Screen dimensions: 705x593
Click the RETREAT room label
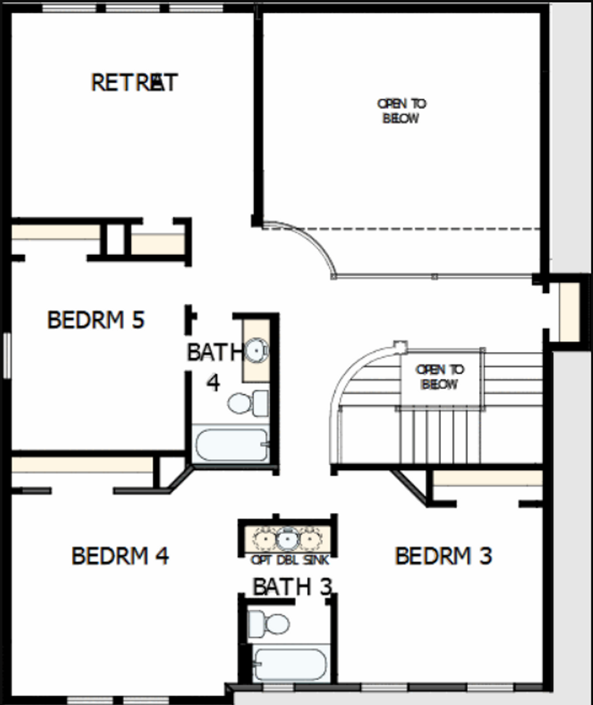click(134, 83)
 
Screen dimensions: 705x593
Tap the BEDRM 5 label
click(96, 320)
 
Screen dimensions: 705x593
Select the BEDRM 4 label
click(120, 555)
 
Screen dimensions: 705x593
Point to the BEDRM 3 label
click(443, 555)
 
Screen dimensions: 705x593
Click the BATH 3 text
click(292, 587)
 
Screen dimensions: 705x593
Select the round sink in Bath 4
click(256, 350)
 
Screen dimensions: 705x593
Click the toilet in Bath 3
click(269, 624)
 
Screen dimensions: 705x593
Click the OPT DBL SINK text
click(290, 560)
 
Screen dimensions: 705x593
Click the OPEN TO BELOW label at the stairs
click(440, 377)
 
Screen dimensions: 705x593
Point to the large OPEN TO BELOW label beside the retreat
click(402, 111)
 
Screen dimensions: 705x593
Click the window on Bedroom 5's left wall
click(6, 355)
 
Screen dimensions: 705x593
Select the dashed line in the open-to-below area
click(417, 228)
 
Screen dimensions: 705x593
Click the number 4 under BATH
click(213, 383)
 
